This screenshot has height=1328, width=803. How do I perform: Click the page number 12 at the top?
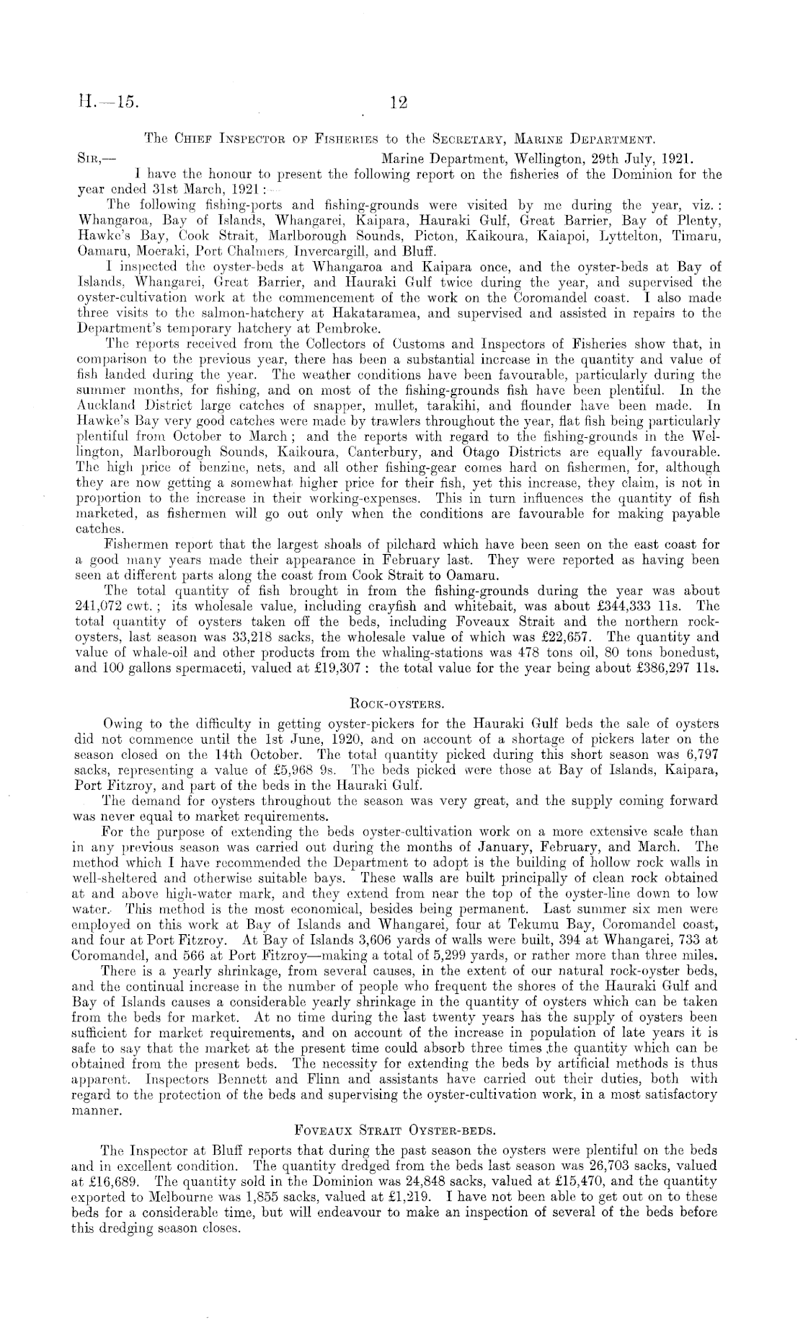point(399,103)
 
